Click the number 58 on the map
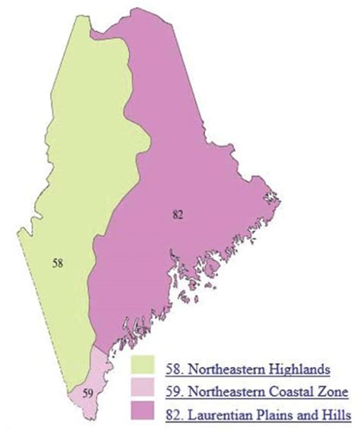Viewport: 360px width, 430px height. [x=57, y=264]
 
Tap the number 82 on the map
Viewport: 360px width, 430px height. [x=178, y=216]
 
